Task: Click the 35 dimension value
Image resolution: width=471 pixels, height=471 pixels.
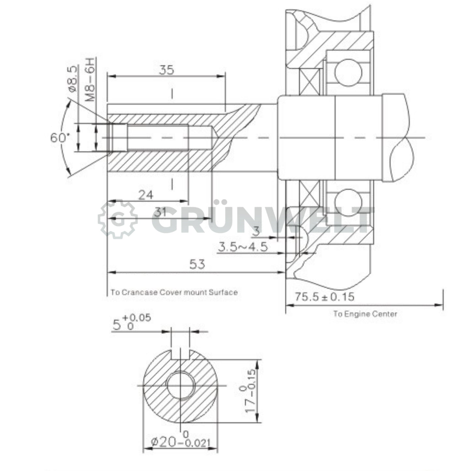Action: pos(166,70)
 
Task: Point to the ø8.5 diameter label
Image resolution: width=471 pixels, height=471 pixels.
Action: pos(72,78)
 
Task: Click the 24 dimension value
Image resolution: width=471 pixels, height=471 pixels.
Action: pos(146,195)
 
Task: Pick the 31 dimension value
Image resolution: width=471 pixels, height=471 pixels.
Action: pos(160,213)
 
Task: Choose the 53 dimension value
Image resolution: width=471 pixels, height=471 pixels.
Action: pos(197,264)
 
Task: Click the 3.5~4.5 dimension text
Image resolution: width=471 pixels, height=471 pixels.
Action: pos(243,247)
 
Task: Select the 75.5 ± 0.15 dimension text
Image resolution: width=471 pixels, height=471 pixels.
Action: pos(324,297)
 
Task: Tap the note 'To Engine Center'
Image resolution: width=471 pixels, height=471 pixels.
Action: pos(365,314)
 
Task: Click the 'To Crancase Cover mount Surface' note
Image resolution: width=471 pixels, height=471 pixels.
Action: pos(174,292)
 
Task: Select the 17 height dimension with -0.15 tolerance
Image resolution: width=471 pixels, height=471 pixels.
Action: pos(251,391)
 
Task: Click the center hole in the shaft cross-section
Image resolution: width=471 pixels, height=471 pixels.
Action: pos(181,385)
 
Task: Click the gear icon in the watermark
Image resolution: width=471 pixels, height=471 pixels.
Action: pos(118,220)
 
